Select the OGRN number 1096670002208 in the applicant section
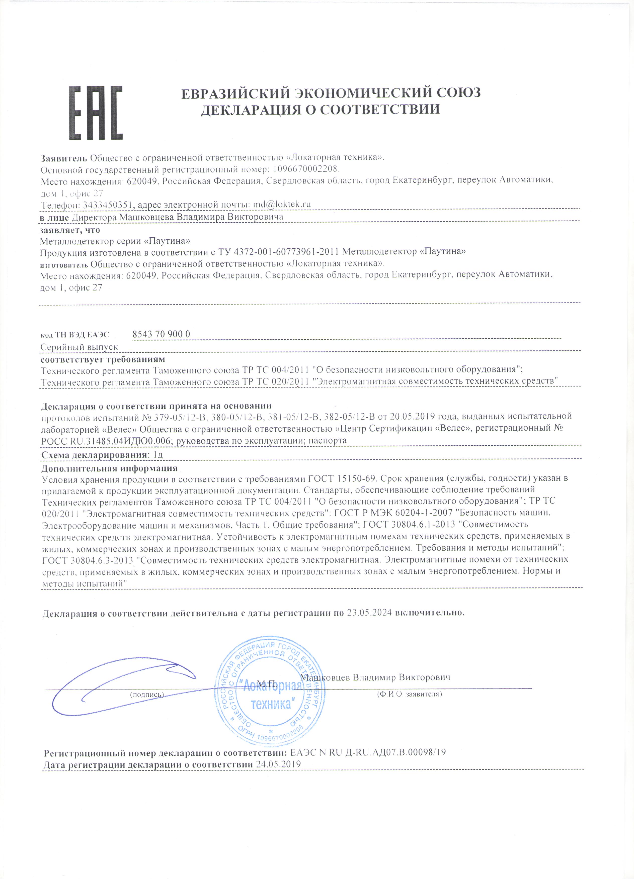[306, 169]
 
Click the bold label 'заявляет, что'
[70, 230]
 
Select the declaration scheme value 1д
[158, 455]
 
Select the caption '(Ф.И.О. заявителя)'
[409, 694]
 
